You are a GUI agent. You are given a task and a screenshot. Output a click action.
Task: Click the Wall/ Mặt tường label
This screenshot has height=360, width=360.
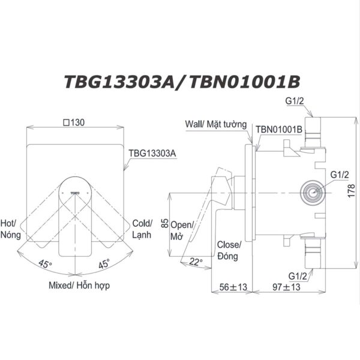coord(216,125)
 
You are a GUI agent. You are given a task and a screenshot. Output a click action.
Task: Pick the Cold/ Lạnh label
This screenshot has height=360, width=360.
coord(142,228)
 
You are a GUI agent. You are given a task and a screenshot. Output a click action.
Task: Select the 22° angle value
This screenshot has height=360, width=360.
coord(196,262)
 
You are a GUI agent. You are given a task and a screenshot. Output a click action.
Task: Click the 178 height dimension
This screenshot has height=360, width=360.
coord(352,190)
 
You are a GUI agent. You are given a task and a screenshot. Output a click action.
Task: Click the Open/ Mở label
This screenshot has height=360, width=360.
coord(182,230)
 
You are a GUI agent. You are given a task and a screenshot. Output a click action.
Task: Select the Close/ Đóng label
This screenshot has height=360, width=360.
coord(229,250)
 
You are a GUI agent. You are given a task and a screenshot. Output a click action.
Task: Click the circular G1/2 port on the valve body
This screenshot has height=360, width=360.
coord(311,192)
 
